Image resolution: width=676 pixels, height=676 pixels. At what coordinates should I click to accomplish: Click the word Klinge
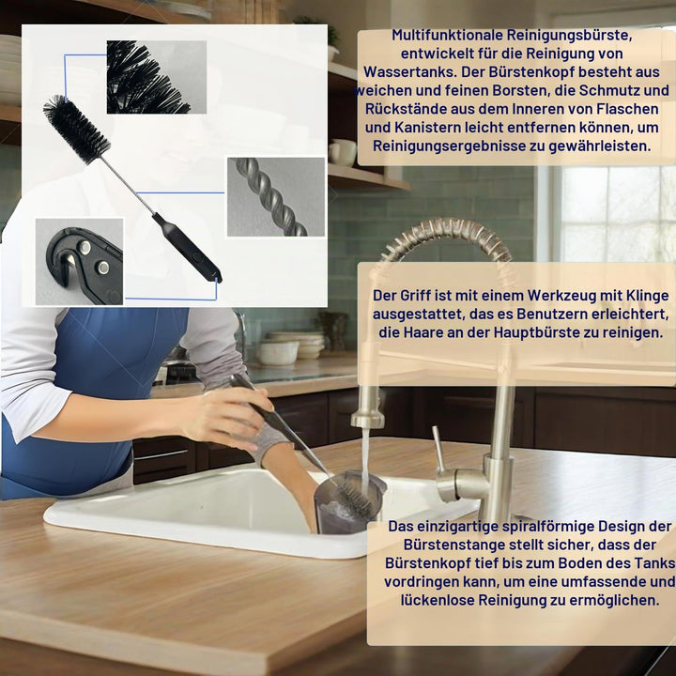pos(647,296)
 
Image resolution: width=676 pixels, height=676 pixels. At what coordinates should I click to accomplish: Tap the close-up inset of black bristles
pos(157,77)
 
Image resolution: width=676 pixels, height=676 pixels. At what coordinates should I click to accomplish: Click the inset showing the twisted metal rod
pos(276,197)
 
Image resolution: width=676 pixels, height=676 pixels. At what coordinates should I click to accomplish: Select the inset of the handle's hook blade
pos(79,262)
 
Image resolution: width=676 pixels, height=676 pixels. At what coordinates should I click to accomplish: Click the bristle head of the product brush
pos(77,130)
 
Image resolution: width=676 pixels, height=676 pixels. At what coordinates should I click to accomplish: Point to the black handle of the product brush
pos(187,248)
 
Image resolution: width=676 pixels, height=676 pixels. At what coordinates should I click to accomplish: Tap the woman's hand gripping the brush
pos(226,417)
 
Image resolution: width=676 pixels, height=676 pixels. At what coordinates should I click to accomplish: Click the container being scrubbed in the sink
pos(348,501)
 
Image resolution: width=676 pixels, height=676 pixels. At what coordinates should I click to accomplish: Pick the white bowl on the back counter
pos(279,353)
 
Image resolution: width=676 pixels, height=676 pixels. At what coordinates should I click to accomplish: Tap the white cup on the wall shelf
pos(343,153)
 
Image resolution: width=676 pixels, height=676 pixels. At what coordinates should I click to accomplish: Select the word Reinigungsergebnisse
pos(449,146)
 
